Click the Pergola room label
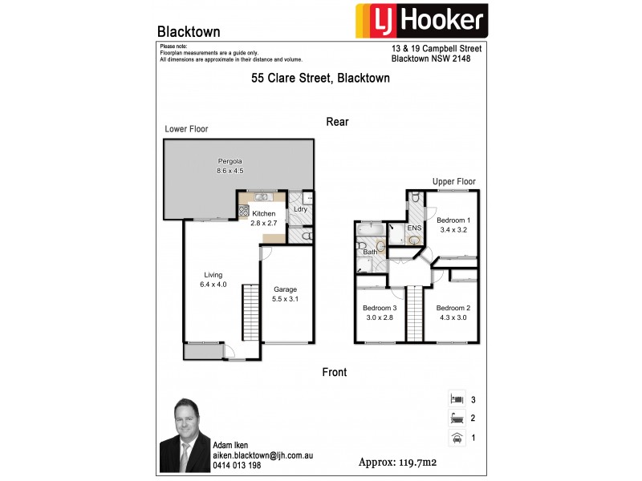[x=230, y=160]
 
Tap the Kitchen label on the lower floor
[x=264, y=214]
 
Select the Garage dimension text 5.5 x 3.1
[x=286, y=298]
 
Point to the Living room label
[x=213, y=274]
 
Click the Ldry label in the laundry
[x=301, y=209]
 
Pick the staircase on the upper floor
[x=415, y=312]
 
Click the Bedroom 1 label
[x=453, y=220]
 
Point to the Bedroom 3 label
[x=380, y=308]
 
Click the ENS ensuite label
[x=414, y=228]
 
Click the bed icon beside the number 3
[x=456, y=398]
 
